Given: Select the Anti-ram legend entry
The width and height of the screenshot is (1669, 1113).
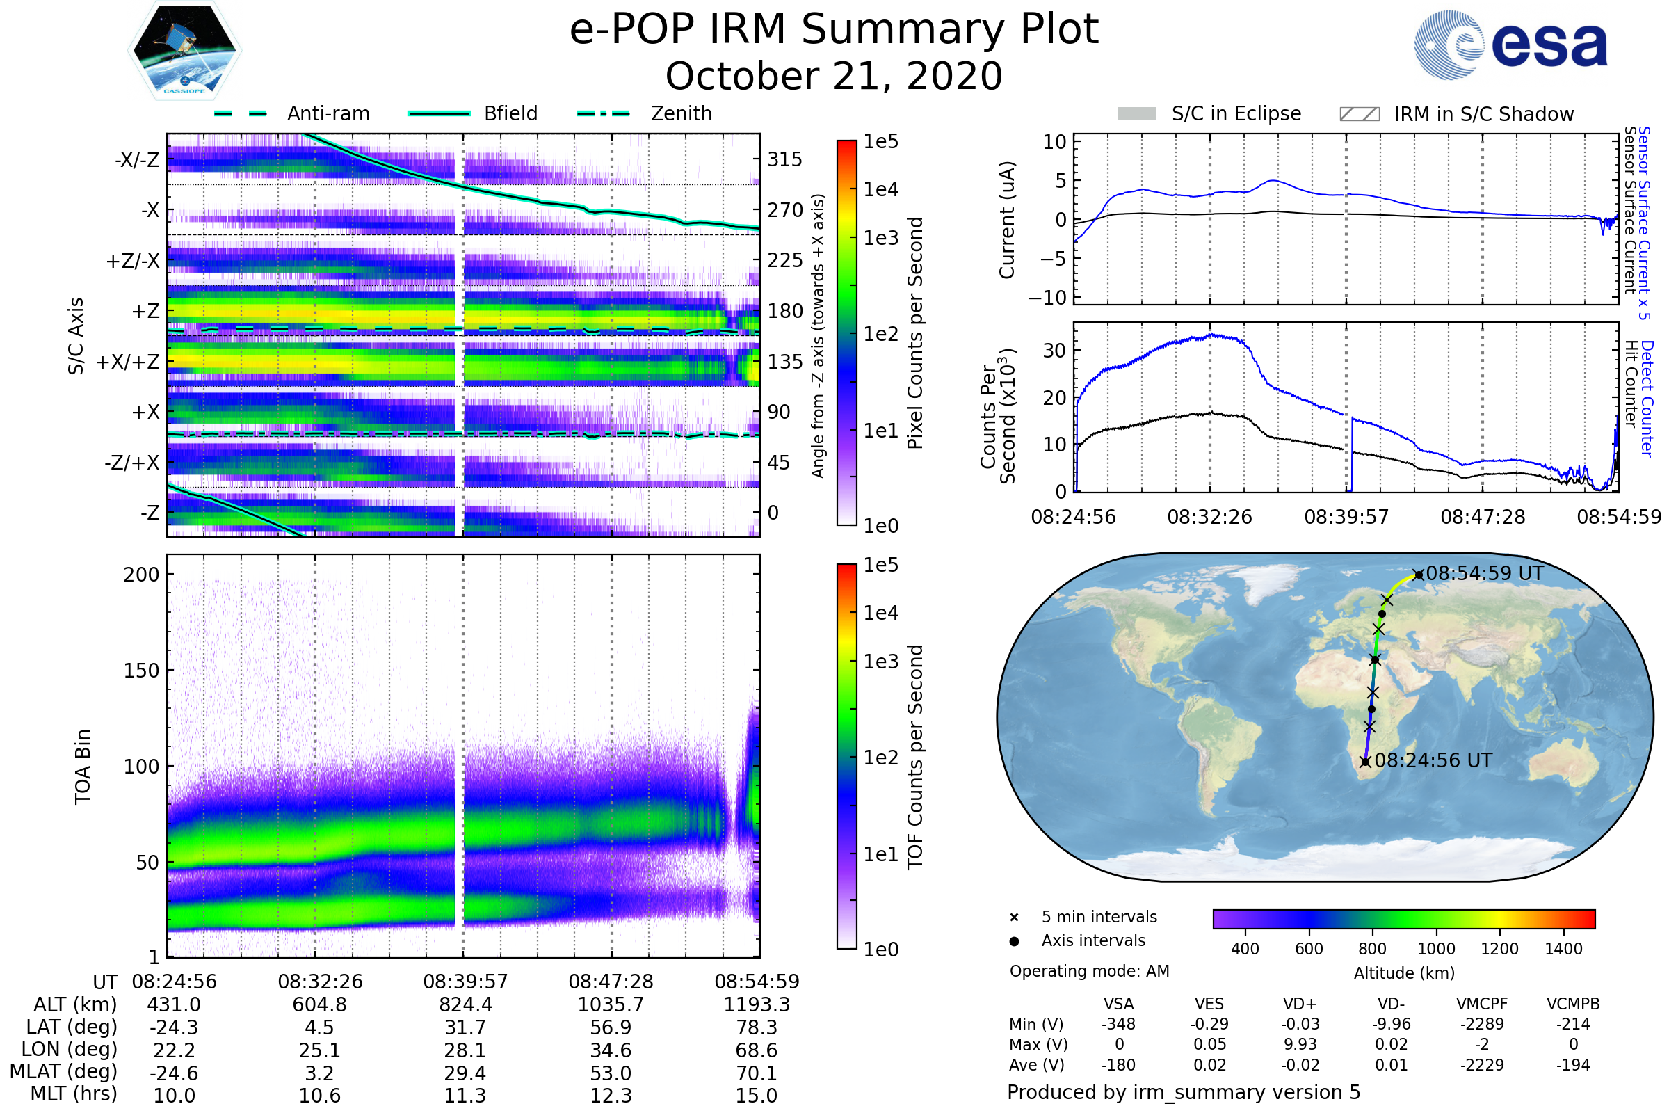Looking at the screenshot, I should point(328,113).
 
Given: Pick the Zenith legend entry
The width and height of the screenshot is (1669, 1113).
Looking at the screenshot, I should point(681,113).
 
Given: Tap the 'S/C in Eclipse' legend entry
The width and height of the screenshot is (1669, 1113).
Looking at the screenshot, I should point(1236,113).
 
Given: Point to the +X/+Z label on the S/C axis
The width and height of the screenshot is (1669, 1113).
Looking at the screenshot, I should point(128,362).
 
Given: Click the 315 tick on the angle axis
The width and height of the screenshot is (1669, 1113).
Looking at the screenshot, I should point(784,159).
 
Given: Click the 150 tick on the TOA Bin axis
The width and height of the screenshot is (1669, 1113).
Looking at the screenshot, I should point(141,671).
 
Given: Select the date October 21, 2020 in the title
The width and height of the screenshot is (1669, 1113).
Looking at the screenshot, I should point(834,76).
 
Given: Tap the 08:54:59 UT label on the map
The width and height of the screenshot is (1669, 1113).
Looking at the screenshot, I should point(1485,573).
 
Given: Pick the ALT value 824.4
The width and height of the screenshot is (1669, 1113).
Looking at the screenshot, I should point(465,1005).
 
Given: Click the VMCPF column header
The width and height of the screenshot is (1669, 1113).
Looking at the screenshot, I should point(1482,1004).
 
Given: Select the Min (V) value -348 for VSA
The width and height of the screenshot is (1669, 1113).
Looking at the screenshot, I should point(1118,1024).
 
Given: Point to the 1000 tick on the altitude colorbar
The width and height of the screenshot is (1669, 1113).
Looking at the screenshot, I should point(1436,949).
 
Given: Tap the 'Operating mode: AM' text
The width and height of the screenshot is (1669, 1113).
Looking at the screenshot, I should point(1089,971).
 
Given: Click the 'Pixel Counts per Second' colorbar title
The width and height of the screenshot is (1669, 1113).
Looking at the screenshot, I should point(915,333).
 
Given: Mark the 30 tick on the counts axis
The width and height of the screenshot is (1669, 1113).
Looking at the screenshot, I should point(1054,350).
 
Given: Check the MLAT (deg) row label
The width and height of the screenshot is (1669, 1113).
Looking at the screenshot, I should point(64,1072).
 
